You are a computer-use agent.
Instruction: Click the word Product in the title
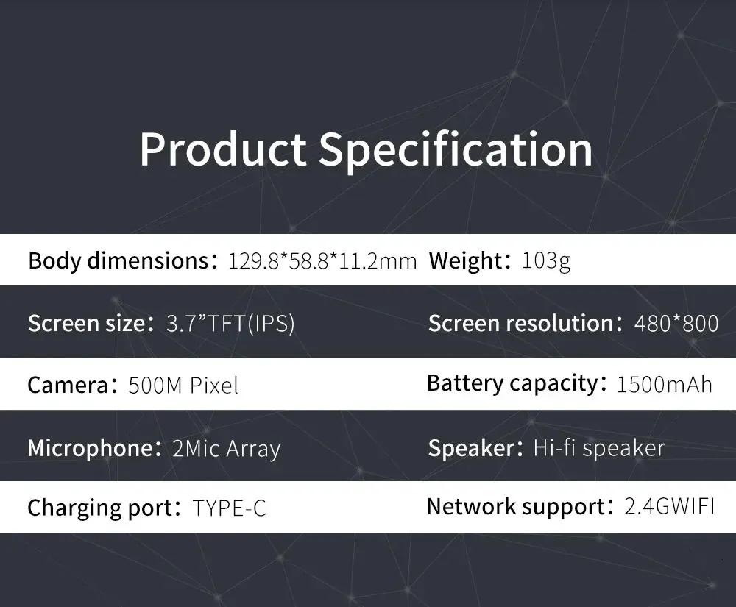[223, 149]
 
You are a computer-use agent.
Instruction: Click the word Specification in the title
[456, 150]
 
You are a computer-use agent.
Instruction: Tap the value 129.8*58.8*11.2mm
[322, 261]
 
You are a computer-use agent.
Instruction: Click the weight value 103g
[546, 261]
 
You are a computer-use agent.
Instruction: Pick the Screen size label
[88, 323]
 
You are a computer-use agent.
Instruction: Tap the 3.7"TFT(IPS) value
[230, 323]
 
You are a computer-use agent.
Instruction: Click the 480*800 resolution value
[676, 323]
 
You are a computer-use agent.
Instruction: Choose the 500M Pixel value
[183, 386]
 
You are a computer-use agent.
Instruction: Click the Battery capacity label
[512, 384]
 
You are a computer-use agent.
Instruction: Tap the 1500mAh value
[664, 384]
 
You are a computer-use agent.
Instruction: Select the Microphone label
[90, 448]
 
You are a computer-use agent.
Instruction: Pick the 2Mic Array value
[226, 449]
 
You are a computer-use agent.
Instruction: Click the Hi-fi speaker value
[599, 448]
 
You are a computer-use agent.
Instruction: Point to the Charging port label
[100, 508]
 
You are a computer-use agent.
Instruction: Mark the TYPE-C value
[230, 508]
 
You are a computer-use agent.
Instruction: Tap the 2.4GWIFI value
[670, 507]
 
